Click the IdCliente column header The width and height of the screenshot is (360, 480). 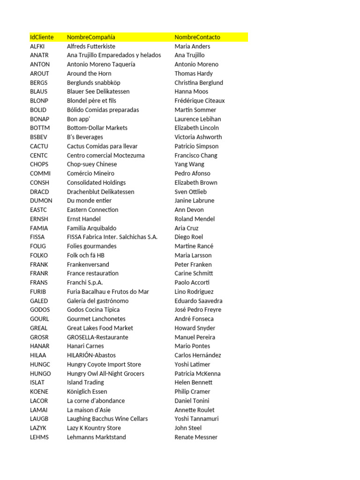point(42,37)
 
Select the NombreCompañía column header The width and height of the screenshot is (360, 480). point(91,37)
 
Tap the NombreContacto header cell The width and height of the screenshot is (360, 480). point(197,37)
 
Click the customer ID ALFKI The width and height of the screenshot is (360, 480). point(37,46)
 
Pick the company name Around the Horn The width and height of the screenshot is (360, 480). point(89,74)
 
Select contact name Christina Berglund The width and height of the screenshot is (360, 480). point(199,82)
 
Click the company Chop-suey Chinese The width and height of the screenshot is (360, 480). point(92,164)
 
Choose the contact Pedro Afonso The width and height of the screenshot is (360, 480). point(192,173)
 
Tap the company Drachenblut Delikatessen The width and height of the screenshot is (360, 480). point(100,192)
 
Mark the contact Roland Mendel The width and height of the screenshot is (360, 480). point(195,219)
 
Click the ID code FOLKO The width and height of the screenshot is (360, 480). point(39,255)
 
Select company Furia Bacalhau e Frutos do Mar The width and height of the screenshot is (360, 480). point(108,292)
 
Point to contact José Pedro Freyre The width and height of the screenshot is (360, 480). point(198,310)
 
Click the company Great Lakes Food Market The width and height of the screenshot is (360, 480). point(100,328)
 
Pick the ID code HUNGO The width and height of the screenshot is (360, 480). point(40,374)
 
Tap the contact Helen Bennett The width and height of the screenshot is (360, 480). point(193,382)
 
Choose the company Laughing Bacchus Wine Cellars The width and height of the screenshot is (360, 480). point(107,419)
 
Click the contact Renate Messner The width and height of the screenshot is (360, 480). point(196,437)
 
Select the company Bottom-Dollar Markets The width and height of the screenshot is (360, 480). point(97,128)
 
